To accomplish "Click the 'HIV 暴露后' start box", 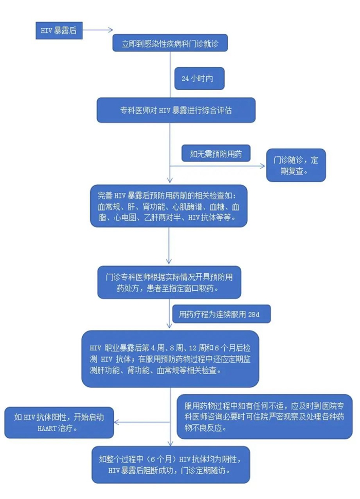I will pyautogui.click(x=59, y=30).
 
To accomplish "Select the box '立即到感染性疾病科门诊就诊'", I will pyautogui.click(x=170, y=44).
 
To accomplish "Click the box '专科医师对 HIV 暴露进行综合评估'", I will pyautogui.click(x=175, y=110).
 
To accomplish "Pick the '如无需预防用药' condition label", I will pyautogui.click(x=215, y=153).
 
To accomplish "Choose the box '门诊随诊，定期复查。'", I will pyautogui.click(x=296, y=165).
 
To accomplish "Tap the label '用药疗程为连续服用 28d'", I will pyautogui.click(x=221, y=313).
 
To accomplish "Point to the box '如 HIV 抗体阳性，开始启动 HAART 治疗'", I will pyautogui.click(x=59, y=422).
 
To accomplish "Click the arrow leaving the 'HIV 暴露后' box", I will pyautogui.click(x=98, y=30).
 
